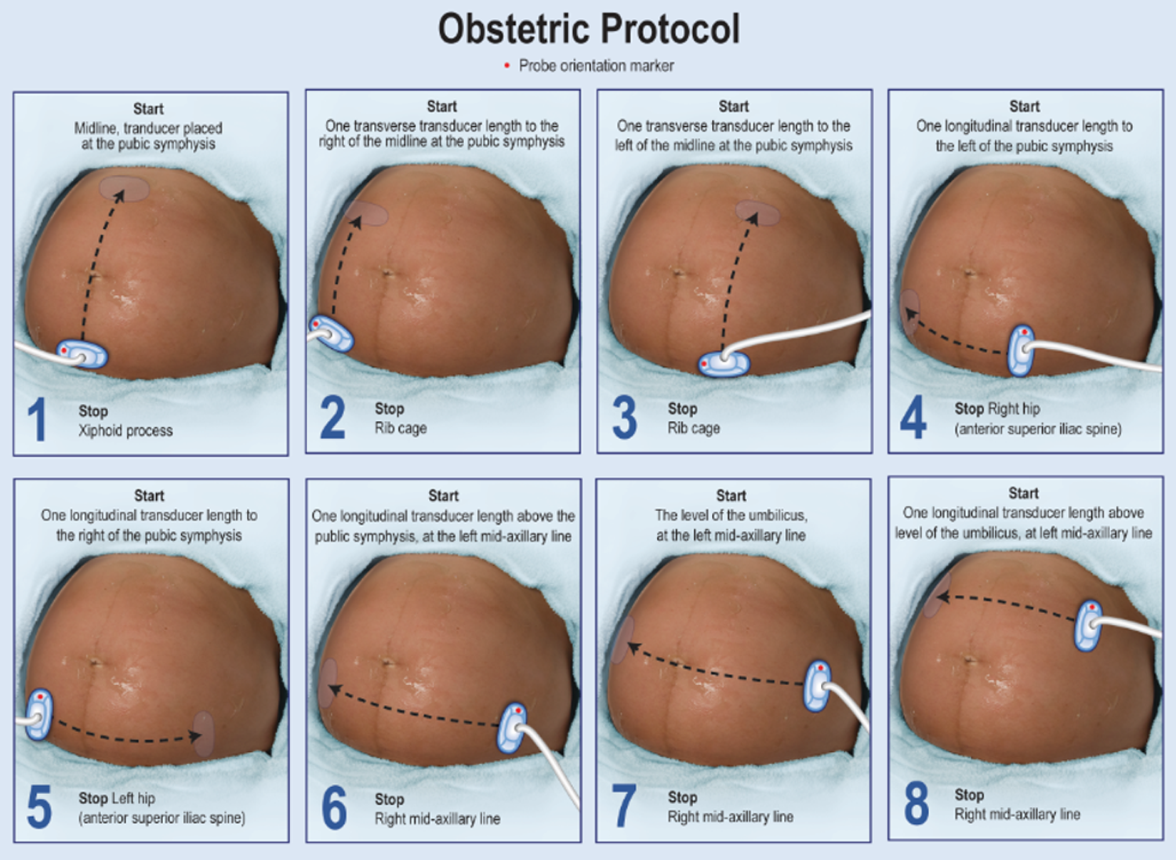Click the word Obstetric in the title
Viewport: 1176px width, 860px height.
(514, 30)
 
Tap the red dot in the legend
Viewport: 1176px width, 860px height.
(506, 66)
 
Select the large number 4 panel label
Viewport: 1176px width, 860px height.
(913, 417)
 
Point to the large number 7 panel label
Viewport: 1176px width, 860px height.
(624, 806)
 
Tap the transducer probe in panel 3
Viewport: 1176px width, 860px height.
(724, 364)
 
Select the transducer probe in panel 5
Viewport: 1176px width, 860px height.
(39, 715)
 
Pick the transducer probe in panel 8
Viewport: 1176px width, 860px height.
(1088, 626)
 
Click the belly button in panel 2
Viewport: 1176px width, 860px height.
(387, 273)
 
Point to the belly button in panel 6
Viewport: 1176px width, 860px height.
(387, 662)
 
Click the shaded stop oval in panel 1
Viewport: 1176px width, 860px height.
(125, 188)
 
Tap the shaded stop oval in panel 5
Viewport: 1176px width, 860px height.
(204, 734)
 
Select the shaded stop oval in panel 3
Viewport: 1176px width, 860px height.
(757, 212)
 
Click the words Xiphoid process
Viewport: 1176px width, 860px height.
(125, 431)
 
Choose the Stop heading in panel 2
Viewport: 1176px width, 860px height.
(390, 409)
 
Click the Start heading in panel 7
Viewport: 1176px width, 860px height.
(731, 495)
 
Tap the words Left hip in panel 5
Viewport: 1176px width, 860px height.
(132, 799)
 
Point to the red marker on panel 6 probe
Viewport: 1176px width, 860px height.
(518, 709)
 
